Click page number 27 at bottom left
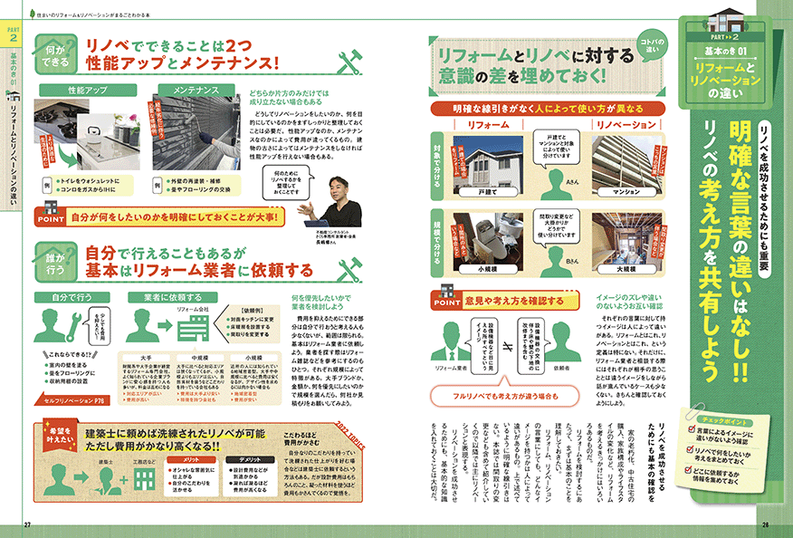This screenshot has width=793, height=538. click(x=27, y=524)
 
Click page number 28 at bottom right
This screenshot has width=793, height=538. click(x=765, y=524)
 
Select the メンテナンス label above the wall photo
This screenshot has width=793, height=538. click(x=193, y=91)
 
